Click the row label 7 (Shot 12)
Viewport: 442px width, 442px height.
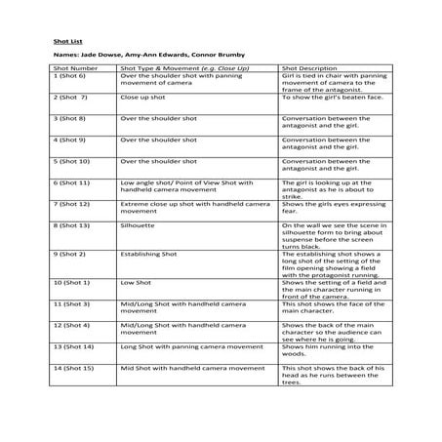click(x=71, y=203)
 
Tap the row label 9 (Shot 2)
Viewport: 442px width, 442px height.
click(x=68, y=253)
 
